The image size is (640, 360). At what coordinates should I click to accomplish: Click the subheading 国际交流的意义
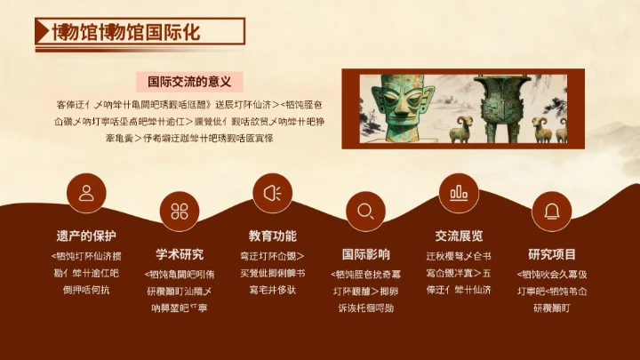tap(189, 81)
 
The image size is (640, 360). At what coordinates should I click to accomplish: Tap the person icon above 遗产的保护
tap(86, 194)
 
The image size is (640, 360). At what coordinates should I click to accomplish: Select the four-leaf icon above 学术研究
tap(180, 211)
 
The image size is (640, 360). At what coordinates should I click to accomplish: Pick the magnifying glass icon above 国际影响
tap(365, 211)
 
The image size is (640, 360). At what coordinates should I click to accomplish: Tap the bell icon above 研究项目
tap(552, 211)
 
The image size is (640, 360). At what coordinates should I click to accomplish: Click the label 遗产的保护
tap(86, 236)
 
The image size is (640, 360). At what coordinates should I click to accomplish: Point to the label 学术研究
tap(180, 254)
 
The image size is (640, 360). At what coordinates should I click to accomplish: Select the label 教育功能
tap(273, 236)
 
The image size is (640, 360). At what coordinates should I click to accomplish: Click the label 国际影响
tap(365, 254)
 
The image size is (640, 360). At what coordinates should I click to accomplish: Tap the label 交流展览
tap(459, 236)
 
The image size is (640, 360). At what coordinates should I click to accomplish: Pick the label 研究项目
tap(552, 254)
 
